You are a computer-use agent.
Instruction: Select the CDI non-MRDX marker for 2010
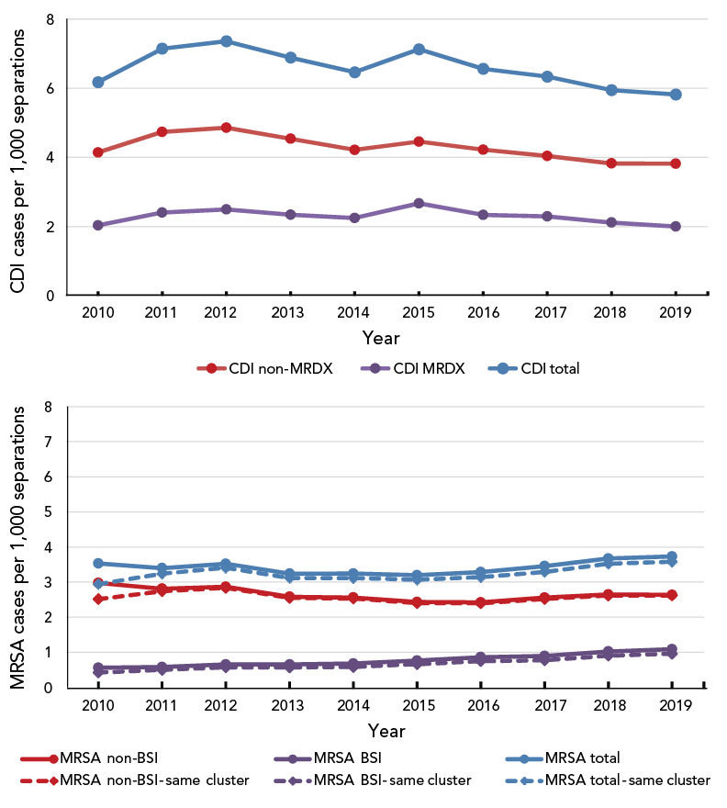(97, 152)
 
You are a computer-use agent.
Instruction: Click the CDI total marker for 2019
(675, 94)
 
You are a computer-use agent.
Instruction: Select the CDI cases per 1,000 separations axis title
(18, 158)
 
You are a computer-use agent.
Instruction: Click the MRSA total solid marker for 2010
(97, 564)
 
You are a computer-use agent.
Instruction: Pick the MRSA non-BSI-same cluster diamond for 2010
(97, 599)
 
